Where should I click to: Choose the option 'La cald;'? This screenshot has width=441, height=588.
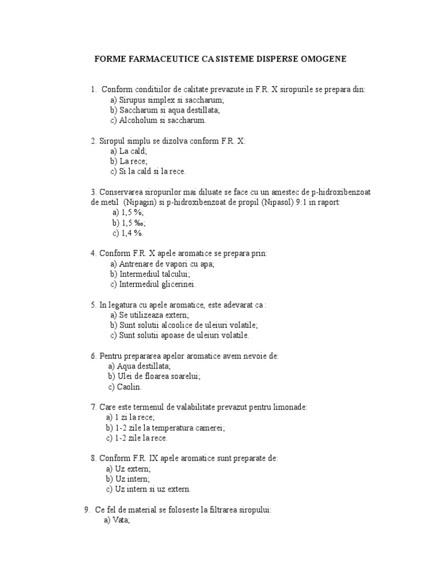click(x=129, y=151)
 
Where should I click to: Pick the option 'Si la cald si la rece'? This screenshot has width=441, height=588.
click(x=148, y=171)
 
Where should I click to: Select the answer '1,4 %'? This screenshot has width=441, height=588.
click(x=128, y=233)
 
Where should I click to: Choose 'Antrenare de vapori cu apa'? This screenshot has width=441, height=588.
click(x=162, y=264)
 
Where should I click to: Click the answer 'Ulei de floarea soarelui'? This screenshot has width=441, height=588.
click(x=153, y=376)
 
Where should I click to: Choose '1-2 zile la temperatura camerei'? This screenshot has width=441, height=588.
click(x=165, y=428)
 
